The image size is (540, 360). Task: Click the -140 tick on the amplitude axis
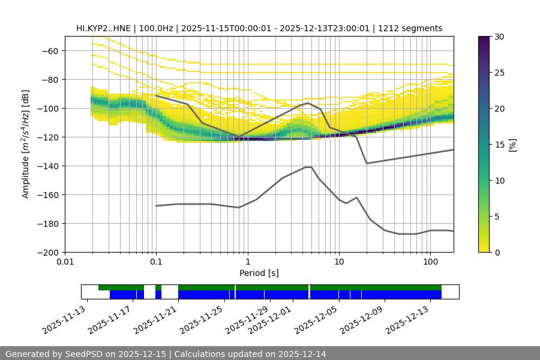50,166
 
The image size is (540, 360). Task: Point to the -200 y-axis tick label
50,252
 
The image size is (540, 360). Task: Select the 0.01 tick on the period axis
65,262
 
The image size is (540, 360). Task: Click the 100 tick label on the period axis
430,262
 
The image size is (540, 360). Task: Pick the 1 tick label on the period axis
247,262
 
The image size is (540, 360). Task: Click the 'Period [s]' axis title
259,273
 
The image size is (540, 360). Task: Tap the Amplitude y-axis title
25,144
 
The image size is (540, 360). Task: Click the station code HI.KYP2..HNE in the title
105,28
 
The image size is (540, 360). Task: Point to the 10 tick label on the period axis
338,262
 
